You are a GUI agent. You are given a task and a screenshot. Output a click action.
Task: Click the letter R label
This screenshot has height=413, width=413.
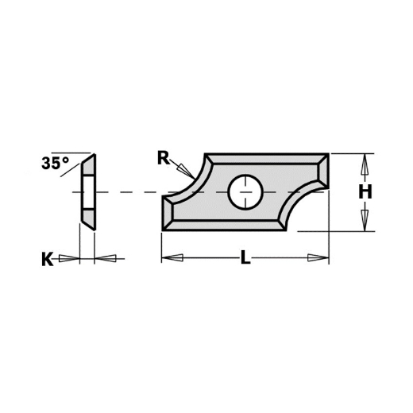point(163,157)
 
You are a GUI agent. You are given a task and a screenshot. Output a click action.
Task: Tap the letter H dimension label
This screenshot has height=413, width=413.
point(365,191)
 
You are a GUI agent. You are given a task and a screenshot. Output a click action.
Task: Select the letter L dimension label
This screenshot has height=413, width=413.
point(245,259)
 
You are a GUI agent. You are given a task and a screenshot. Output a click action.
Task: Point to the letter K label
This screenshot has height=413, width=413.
point(48,259)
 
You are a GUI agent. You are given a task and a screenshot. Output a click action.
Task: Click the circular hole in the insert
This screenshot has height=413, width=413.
point(245,191)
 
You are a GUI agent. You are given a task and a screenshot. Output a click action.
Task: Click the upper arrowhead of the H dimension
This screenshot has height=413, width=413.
point(365,164)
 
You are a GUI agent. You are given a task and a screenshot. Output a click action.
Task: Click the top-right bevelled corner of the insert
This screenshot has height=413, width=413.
point(322,160)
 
